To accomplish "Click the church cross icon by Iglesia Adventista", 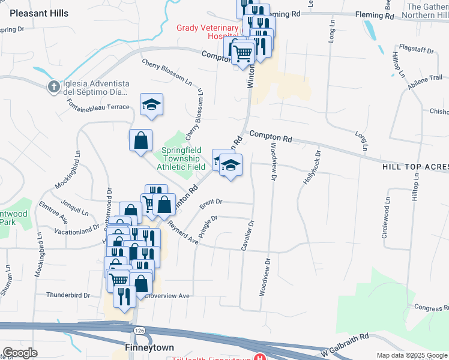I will [53, 86].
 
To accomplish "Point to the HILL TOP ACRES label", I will [415, 166].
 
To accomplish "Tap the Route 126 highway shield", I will [139, 331].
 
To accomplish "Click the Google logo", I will [20, 353].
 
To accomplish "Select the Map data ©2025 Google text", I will [412, 355].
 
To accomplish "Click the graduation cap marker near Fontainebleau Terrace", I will [152, 104].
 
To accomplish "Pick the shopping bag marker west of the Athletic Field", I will [140, 141].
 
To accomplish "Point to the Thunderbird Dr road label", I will [68, 295].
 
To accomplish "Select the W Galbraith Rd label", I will [344, 344].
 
